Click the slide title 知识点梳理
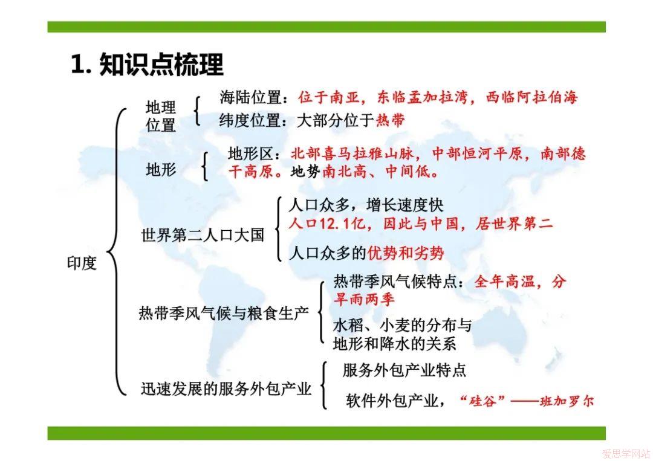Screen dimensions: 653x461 click(161, 65)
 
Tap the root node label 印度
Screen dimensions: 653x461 click(82, 263)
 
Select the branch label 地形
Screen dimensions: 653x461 click(161, 169)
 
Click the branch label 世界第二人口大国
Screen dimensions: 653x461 click(203, 235)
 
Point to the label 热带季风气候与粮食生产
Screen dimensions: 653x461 click(224, 313)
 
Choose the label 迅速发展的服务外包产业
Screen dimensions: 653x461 click(226, 388)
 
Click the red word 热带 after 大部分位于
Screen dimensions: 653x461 click(391, 120)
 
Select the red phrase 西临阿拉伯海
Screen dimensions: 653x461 click(532, 97)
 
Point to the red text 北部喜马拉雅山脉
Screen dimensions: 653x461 click(352, 153)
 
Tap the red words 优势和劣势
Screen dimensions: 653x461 click(406, 253)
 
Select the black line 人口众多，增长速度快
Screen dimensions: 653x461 click(366, 205)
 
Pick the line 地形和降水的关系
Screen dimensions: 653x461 click(395, 344)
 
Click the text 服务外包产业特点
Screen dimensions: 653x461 click(404, 370)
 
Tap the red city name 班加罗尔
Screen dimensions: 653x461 click(567, 401)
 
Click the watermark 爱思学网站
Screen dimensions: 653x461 click(626, 453)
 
